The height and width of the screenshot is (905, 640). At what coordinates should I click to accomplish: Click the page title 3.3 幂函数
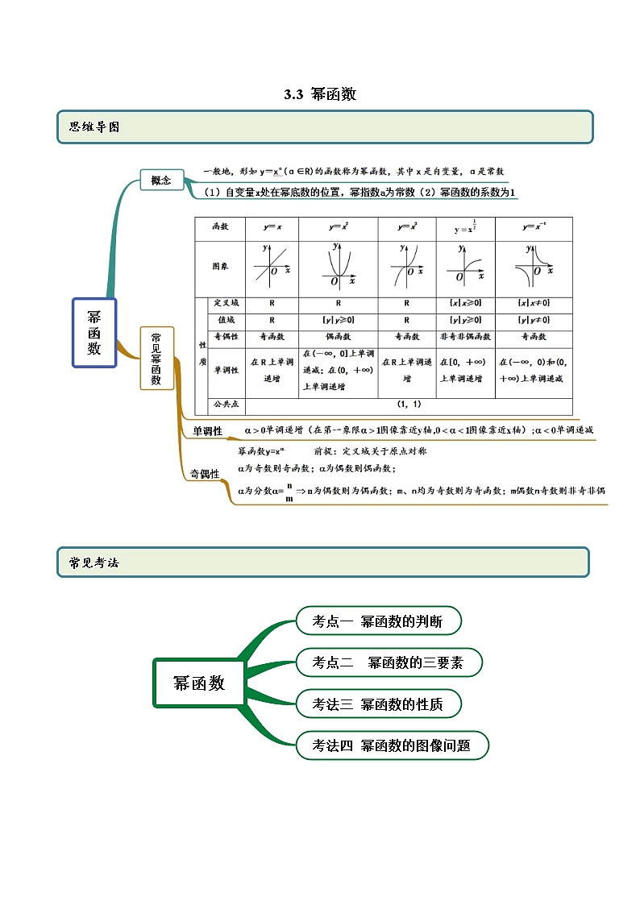point(320,94)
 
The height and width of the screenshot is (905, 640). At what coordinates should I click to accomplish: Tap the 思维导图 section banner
point(325,127)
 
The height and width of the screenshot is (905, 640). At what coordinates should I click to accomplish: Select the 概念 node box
point(161,181)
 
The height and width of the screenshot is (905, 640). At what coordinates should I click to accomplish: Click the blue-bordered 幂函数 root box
point(94,332)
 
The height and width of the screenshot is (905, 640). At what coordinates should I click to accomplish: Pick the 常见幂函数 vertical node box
point(156,358)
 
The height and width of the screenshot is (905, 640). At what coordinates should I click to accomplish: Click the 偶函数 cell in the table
point(338,336)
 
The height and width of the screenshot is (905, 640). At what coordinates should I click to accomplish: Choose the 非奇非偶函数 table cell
point(465,336)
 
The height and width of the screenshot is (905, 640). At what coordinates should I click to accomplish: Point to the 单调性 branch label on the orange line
point(207,432)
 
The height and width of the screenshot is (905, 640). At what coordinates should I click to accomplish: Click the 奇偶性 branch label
point(205,474)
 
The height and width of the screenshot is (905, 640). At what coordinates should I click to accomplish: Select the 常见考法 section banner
point(322,562)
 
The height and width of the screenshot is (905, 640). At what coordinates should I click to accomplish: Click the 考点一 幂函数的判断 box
point(380,621)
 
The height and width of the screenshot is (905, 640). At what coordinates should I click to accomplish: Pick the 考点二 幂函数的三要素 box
point(389,662)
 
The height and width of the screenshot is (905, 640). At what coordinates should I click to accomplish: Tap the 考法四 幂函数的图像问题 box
point(392,745)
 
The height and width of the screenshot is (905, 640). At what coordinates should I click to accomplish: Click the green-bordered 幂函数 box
point(199,683)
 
